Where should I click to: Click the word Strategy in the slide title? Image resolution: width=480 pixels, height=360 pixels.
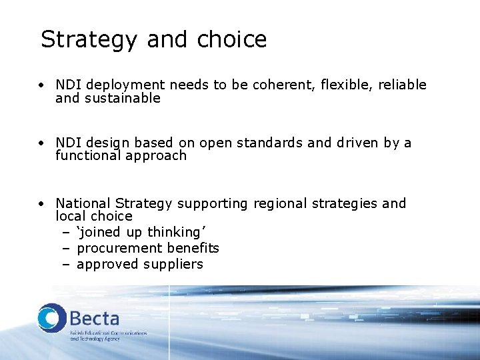pyautogui.click(x=90, y=40)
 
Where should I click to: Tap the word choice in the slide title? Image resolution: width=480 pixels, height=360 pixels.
pyautogui.click(x=232, y=40)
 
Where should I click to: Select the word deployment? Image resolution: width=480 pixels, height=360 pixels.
pyautogui.click(x=127, y=85)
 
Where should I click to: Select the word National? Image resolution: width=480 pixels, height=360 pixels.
pyautogui.click(x=83, y=203)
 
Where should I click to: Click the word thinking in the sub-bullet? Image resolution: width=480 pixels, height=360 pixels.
pyautogui.click(x=173, y=233)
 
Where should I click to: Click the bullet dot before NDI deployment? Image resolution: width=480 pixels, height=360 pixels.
pyautogui.click(x=41, y=86)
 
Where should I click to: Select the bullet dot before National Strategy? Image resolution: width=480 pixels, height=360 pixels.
pyautogui.click(x=41, y=204)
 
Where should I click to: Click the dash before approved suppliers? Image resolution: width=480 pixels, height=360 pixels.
pyautogui.click(x=66, y=265)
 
